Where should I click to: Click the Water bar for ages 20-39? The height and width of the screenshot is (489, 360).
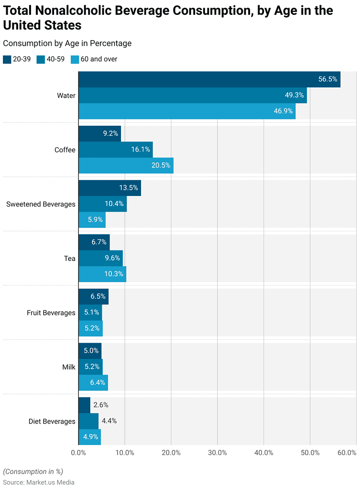click(209, 79)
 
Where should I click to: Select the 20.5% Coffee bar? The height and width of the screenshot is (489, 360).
click(126, 165)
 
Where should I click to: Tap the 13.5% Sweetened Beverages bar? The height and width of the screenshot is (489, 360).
click(109, 188)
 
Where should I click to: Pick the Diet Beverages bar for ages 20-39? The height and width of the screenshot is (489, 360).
click(84, 405)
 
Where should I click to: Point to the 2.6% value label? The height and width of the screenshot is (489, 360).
click(101, 405)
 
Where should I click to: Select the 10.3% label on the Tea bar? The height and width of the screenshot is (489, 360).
click(114, 274)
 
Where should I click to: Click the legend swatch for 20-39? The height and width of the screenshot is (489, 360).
click(7, 59)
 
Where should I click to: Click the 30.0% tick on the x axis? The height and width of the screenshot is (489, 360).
click(218, 453)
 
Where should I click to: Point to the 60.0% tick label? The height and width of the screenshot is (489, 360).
click(347, 453)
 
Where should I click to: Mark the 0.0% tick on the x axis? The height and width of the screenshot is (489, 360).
click(78, 453)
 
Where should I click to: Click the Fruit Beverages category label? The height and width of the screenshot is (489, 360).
click(51, 313)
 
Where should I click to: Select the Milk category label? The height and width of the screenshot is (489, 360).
click(68, 367)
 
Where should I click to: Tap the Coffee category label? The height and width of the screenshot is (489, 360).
click(65, 150)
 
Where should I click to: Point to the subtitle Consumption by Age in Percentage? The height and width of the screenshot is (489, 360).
click(67, 43)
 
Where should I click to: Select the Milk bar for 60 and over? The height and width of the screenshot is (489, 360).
click(93, 382)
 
